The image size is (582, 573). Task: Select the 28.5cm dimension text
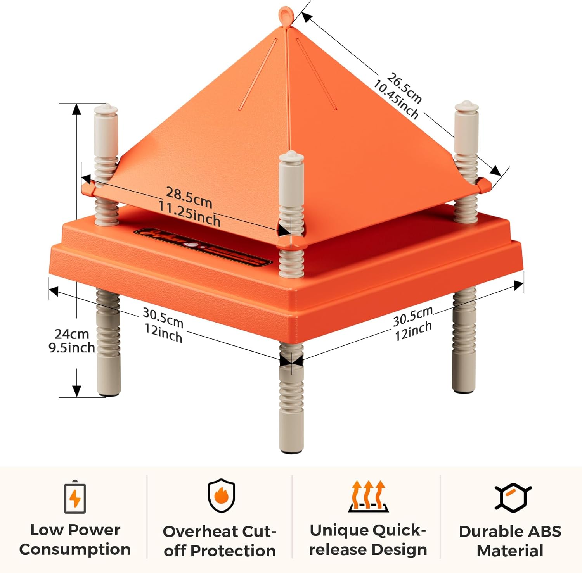[x=189, y=197]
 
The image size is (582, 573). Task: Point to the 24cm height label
[x=72, y=333]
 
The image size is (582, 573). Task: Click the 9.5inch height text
[x=72, y=347]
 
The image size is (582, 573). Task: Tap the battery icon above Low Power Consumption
[x=75, y=497]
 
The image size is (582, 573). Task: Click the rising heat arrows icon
[x=368, y=496]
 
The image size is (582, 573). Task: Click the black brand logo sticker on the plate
[x=203, y=247]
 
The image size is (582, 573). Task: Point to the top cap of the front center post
[x=291, y=157]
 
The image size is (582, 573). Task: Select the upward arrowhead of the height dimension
[x=77, y=109]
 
